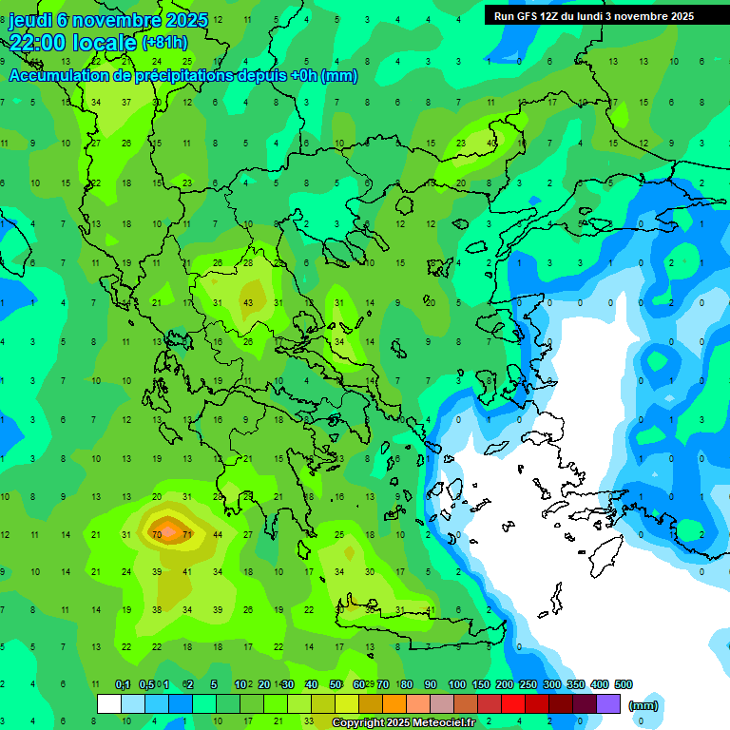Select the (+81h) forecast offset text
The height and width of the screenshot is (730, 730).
pyautogui.click(x=164, y=42)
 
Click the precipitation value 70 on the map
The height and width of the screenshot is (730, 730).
pyautogui.click(x=157, y=535)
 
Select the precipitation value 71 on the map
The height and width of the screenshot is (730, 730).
pyautogui.click(x=187, y=535)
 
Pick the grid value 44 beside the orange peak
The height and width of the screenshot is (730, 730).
pyautogui.click(x=218, y=535)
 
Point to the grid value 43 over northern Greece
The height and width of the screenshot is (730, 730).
pyautogui.click(x=248, y=302)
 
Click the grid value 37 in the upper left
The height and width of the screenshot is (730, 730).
pyautogui.click(x=126, y=103)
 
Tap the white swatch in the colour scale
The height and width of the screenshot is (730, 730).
pyautogui.click(x=109, y=704)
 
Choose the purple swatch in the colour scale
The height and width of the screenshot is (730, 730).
pyautogui.click(x=608, y=704)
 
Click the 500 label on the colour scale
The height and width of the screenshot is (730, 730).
pyautogui.click(x=623, y=684)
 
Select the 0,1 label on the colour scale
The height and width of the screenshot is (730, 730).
pyautogui.click(x=123, y=684)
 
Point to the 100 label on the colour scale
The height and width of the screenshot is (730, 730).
pyautogui.click(x=456, y=684)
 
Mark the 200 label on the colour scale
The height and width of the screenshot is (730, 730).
pyautogui.click(x=504, y=684)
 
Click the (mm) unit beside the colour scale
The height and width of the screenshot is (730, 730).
pyautogui.click(x=644, y=705)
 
